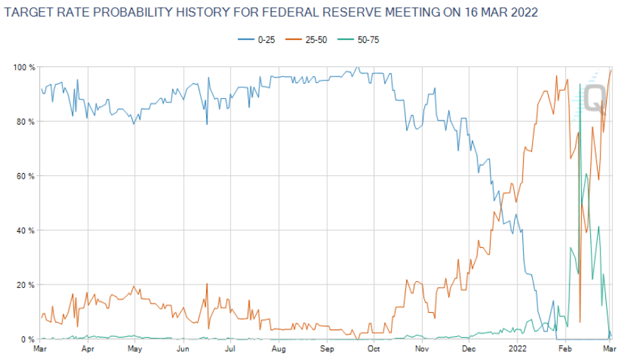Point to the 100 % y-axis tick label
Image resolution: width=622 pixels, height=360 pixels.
click(x=23, y=67)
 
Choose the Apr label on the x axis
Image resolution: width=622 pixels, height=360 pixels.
click(x=88, y=350)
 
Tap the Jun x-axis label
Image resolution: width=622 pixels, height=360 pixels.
click(x=183, y=350)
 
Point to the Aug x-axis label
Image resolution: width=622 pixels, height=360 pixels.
click(x=278, y=350)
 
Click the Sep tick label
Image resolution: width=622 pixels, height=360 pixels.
click(x=327, y=350)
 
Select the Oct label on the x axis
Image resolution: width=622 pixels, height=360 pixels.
click(x=374, y=350)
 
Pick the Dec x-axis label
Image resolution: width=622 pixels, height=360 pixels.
click(x=469, y=350)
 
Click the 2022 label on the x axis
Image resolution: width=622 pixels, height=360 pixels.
click(x=518, y=350)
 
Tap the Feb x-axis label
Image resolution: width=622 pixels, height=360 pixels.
click(x=565, y=350)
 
